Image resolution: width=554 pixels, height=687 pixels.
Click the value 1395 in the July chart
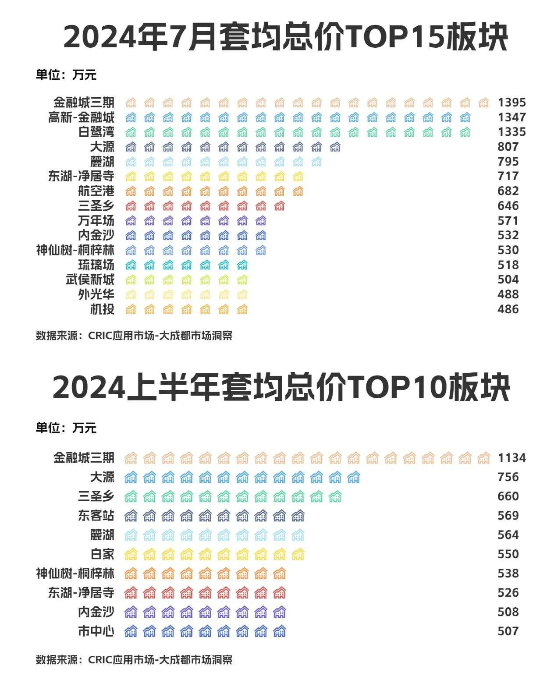pos(511,103)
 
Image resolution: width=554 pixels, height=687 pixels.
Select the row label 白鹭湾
pos(96,132)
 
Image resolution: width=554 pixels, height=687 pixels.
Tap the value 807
pos(508,147)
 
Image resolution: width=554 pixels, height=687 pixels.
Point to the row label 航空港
pos(96,191)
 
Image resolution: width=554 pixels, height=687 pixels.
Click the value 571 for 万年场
pos(508,221)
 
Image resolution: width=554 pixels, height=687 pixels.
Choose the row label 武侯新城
pos(90,280)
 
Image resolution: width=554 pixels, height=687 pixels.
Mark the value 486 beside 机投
pos(508,309)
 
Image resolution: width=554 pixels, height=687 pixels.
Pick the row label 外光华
pos(96,294)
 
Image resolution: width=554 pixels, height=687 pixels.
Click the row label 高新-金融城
pos(82,117)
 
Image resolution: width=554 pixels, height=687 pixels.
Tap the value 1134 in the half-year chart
pos(511,458)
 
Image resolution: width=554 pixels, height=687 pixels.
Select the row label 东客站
pos(96,516)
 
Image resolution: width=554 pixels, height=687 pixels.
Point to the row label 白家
pos(103,554)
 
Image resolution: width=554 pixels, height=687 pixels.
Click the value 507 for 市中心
pos(508,631)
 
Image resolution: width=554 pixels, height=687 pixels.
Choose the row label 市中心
pos(96,631)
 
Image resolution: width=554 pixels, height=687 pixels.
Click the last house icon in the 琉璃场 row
pos(242,265)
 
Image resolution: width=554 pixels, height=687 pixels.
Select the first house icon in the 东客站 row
pos(131,516)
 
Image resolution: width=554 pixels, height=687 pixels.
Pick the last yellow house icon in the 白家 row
pos(298,554)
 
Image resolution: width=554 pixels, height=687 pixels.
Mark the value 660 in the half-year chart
pos(508,496)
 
